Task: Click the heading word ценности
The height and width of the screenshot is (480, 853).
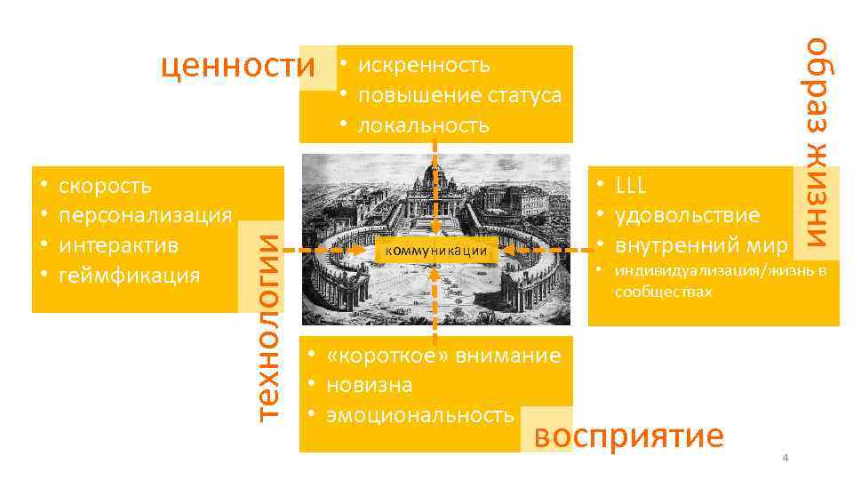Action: (238, 65)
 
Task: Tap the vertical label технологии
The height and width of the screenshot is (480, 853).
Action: (267, 320)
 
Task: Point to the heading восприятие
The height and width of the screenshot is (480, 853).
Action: (629, 436)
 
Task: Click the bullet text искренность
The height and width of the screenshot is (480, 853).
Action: (423, 65)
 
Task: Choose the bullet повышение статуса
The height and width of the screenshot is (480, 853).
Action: (458, 94)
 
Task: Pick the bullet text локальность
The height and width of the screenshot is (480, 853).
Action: (423, 124)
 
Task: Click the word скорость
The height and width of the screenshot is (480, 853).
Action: (105, 186)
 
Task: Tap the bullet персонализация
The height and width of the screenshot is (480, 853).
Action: (145, 215)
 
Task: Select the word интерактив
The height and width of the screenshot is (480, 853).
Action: (120, 244)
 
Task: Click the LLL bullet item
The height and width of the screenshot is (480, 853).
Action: (630, 186)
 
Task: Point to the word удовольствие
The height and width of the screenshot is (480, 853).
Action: (687, 215)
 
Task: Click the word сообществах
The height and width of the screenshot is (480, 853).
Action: (663, 291)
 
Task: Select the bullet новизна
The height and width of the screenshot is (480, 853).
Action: (369, 385)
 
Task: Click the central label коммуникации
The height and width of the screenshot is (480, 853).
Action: (435, 251)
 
